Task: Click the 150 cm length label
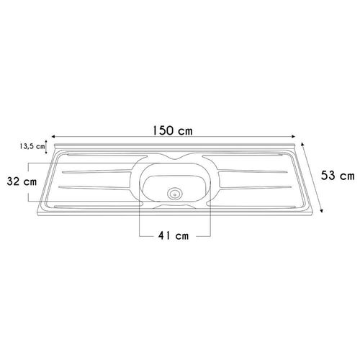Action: [173, 130]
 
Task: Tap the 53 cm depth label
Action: [338, 176]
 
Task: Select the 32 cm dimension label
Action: [22, 181]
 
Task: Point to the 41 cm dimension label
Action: [174, 236]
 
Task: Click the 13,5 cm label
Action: [32, 146]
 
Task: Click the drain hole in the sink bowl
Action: [175, 194]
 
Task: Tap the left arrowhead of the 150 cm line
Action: [53, 137]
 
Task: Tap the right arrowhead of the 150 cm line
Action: [293, 137]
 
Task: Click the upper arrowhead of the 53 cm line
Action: [302, 144]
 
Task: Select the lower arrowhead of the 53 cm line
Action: [322, 210]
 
